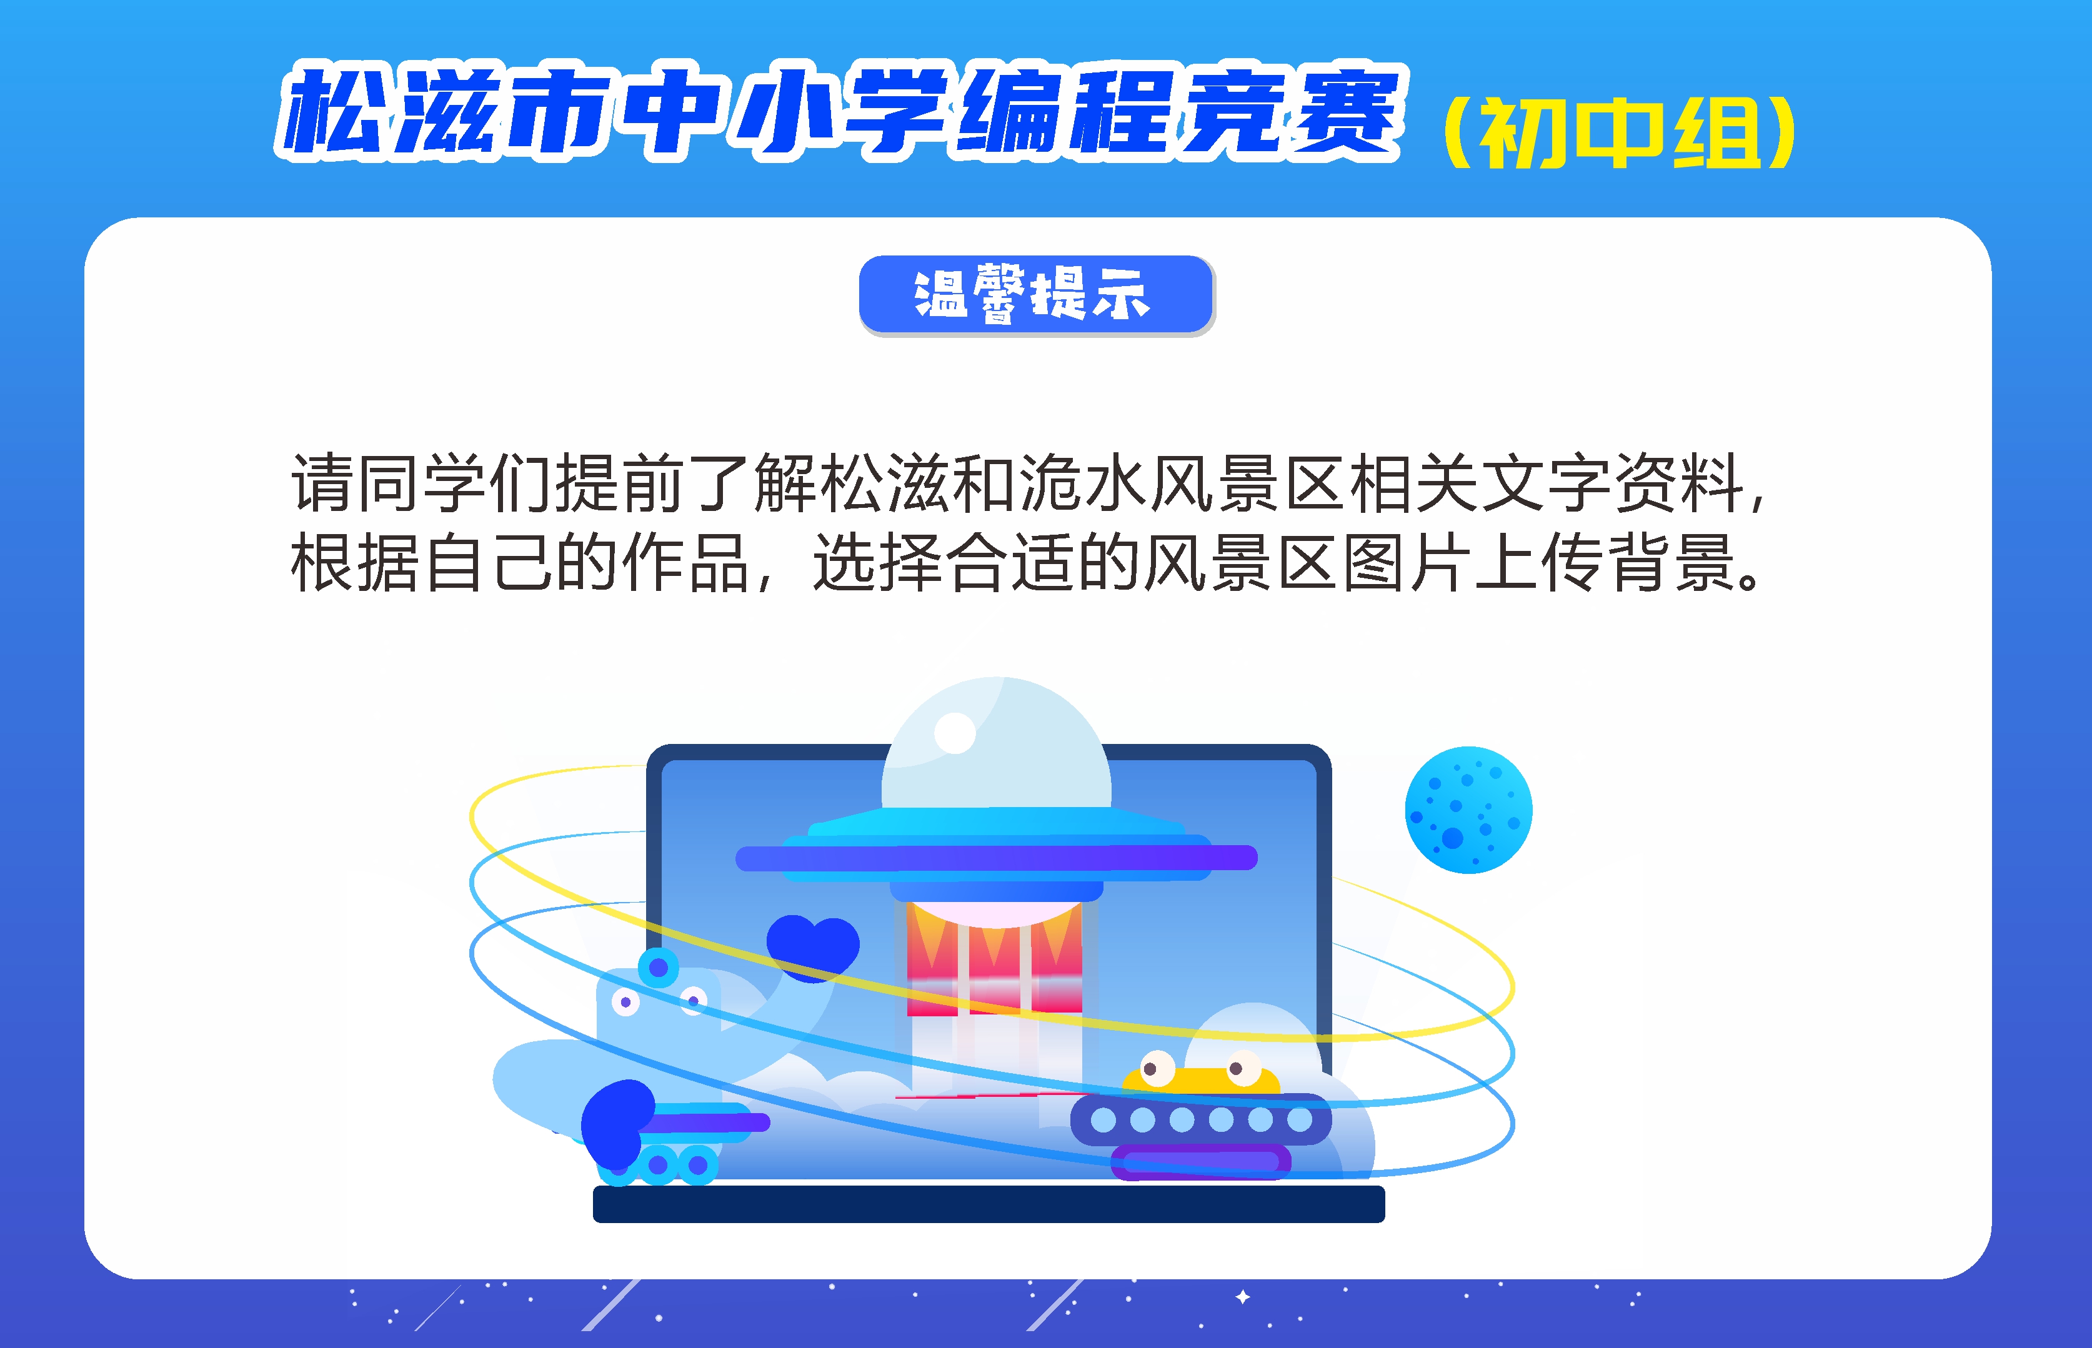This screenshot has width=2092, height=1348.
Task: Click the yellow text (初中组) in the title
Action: [1619, 133]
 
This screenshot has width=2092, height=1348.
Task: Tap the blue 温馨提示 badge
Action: [1037, 295]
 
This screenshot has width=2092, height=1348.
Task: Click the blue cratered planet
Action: [1468, 810]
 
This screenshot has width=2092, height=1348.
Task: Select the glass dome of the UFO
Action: [997, 744]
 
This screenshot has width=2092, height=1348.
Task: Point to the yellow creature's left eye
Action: [1158, 1068]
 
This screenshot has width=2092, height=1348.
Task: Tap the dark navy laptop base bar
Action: [989, 1204]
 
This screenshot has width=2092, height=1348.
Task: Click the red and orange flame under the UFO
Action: [994, 958]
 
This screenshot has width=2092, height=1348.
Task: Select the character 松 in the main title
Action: [337, 112]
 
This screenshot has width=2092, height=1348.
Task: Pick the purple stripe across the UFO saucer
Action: [997, 858]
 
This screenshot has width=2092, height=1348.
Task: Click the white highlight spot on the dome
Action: [955, 733]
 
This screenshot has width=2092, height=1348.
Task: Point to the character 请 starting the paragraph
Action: [322, 483]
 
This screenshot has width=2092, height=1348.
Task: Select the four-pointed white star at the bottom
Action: [1243, 1296]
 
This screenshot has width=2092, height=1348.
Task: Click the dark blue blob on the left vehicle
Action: [617, 1123]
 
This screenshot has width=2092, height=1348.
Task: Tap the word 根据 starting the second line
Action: [355, 562]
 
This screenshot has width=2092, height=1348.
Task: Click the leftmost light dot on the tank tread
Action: [1103, 1119]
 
